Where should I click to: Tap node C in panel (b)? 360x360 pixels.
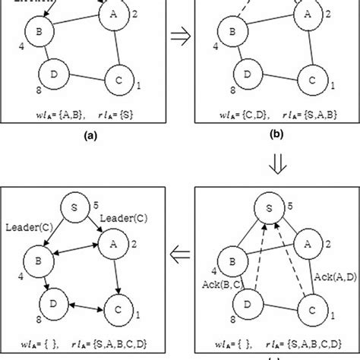pos(309,79)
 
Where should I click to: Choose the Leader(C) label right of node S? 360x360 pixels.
pos(120,217)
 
